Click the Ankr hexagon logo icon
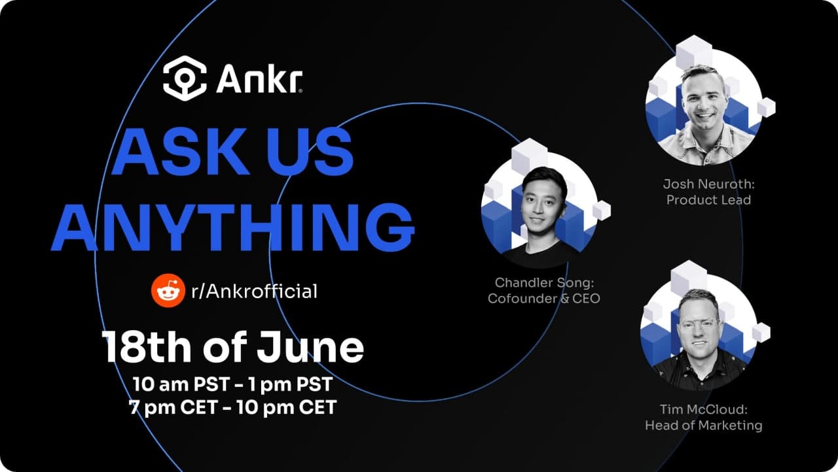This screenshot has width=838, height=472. click(x=185, y=78)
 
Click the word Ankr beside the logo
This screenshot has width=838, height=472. click(x=259, y=79)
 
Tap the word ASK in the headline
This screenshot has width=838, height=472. click(x=181, y=152)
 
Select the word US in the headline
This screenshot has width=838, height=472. click(x=310, y=152)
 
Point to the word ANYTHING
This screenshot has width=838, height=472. click(x=232, y=228)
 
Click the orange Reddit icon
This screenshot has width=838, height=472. click(x=168, y=290)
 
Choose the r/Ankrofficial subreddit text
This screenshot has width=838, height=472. click(x=254, y=292)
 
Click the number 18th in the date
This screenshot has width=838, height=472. click(x=146, y=348)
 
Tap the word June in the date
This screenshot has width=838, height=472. click(x=310, y=348)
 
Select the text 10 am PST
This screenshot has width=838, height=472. click(x=181, y=384)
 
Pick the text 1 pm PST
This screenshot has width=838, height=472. click(x=290, y=384)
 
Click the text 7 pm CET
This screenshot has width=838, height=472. click(x=173, y=407)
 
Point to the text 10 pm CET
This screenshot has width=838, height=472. click(x=287, y=407)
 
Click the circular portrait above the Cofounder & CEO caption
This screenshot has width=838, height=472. click(x=539, y=209)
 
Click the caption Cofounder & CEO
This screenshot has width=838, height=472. click(x=544, y=298)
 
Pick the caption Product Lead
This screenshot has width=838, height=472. click(x=708, y=200)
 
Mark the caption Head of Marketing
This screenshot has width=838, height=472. click(x=704, y=426)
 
